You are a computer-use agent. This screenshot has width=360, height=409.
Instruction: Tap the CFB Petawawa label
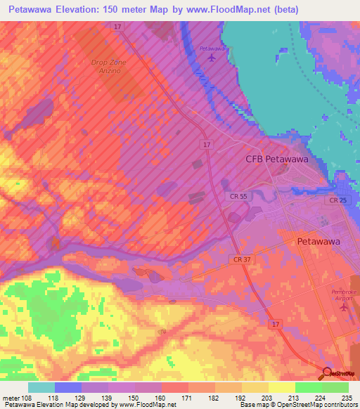pyautogui.click(x=277, y=159)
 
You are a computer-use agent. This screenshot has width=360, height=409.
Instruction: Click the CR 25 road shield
pyautogui.click(x=337, y=201)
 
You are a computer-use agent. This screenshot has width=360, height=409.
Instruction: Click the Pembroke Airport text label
pyautogui.click(x=345, y=295)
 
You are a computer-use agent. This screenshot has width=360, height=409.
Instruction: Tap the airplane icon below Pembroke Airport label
pyautogui.click(x=345, y=310)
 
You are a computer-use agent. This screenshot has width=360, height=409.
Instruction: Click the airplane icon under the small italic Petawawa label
pyautogui.click(x=213, y=58)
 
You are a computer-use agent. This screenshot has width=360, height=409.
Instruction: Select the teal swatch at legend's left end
pyautogui.click(x=41, y=387)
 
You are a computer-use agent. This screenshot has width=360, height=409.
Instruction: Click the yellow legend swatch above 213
pyautogui.click(x=281, y=387)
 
